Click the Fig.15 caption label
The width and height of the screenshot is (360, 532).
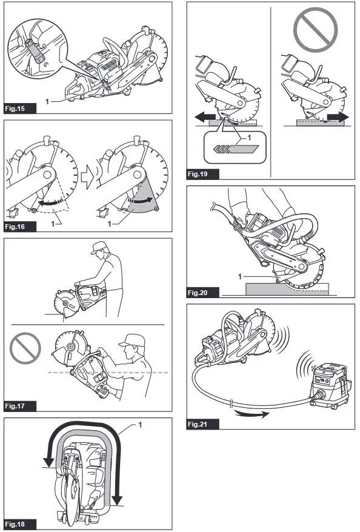pyautogui.click(x=19, y=108)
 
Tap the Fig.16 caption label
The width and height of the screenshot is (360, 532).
pyautogui.click(x=19, y=227)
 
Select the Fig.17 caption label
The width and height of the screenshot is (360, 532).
pyautogui.click(x=19, y=405)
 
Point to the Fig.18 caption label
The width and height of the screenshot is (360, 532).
pyautogui.click(x=19, y=524)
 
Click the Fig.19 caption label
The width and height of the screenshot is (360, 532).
pyautogui.click(x=202, y=175)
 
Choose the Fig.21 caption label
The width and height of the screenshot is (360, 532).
pyautogui.click(x=202, y=424)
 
